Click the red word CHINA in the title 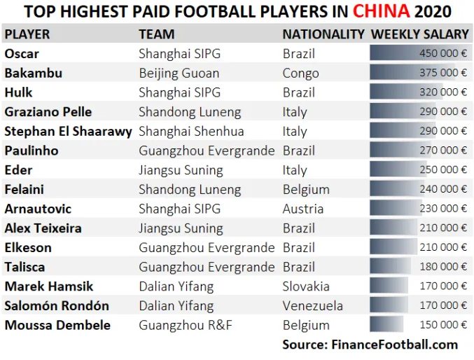click(381, 11)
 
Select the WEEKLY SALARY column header click(420, 34)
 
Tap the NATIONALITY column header click(323, 34)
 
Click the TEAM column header click(157, 34)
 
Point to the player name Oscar click(22, 54)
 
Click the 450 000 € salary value click(443, 53)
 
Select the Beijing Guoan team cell click(179, 74)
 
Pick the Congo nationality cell click(300, 74)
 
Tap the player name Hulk click(18, 92)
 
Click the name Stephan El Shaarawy click(69, 132)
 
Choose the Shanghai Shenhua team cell click(191, 132)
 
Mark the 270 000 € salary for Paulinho click(443, 151)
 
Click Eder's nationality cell click(295, 170)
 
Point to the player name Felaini click(25, 190)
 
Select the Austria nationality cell click(303, 209)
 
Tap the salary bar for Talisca click(390, 266)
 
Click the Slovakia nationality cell click(306, 286)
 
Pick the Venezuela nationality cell click(312, 306)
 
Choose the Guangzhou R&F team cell click(186, 326)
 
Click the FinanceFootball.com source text click(394, 345)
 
